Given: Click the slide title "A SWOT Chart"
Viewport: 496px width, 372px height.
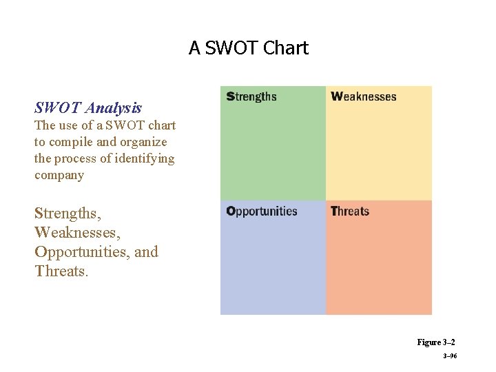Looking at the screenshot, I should point(249,48).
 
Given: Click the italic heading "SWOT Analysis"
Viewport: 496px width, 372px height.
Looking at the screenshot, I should point(88,107).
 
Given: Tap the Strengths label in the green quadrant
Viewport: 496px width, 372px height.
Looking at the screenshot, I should point(251,96).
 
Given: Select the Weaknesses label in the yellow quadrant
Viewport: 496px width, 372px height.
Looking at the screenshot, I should point(364,96).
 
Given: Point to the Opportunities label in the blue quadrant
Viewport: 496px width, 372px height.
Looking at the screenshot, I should point(262,211).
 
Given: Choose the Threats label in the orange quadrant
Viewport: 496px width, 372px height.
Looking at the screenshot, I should point(350,211).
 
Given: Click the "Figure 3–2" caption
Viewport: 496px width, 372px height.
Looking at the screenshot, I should point(435,342).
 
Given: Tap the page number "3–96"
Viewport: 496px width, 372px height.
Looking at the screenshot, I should point(450,356).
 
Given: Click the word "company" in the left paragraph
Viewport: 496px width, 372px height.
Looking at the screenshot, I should point(59,175).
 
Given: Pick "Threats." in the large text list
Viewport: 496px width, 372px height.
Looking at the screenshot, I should point(61,271).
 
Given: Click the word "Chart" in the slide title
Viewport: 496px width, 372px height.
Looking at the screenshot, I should point(286,48).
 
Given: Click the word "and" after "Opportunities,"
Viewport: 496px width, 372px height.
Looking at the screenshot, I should point(146,251).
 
